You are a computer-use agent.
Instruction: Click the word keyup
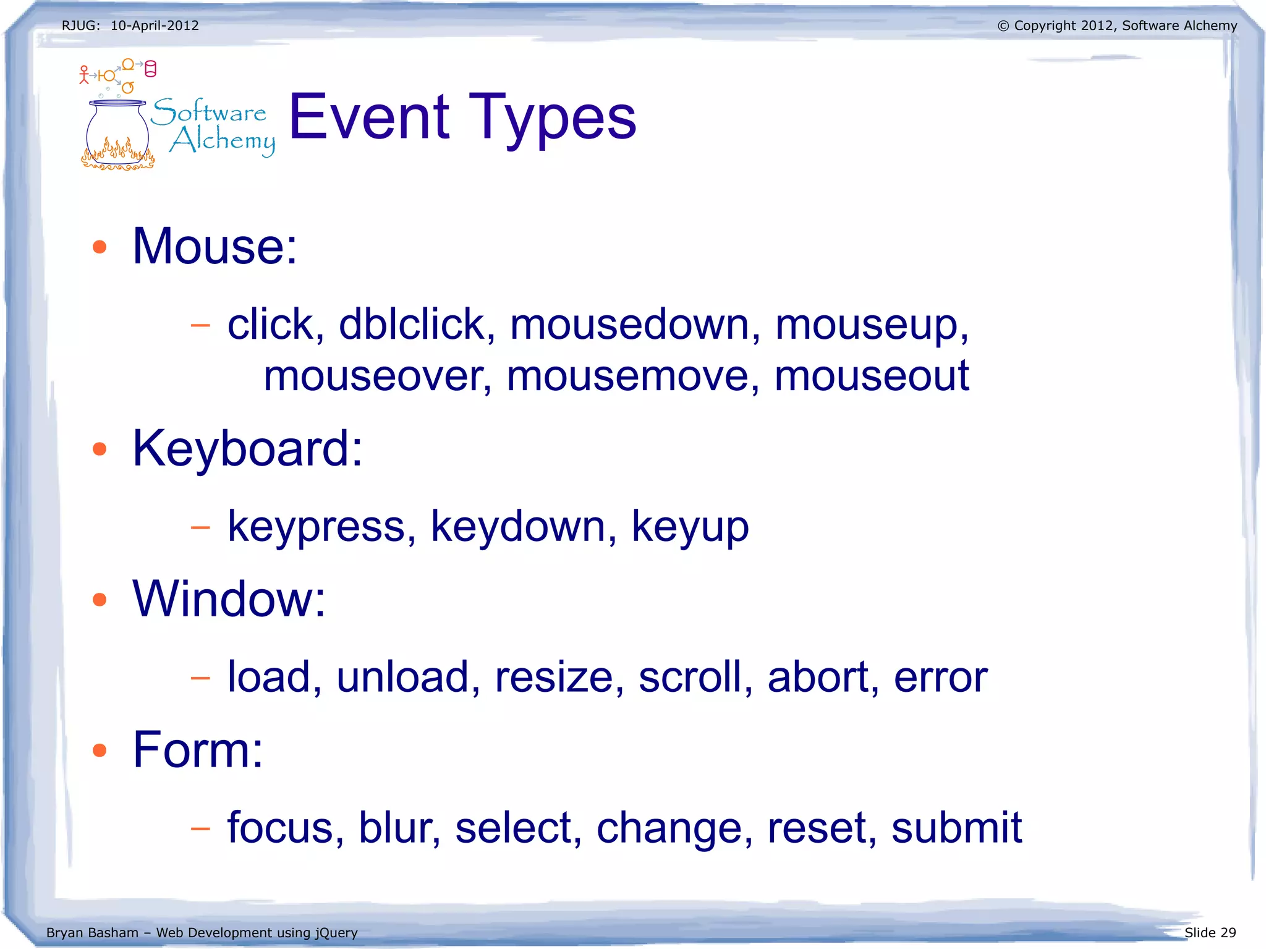pos(690,527)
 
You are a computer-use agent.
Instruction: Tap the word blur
pos(399,827)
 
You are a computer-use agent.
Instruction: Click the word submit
pos(956,827)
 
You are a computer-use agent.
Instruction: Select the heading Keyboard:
pos(247,448)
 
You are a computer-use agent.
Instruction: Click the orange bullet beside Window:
pos(100,599)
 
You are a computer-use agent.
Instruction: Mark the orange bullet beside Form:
pos(100,750)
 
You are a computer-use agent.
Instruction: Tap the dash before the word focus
pos(200,828)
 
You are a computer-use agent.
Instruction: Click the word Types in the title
pos(552,117)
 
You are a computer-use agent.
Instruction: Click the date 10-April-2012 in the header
pos(155,26)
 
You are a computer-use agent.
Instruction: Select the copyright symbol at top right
pos(1003,26)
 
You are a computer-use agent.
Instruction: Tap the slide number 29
pos(1228,932)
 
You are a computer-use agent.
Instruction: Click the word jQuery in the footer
pos(337,932)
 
